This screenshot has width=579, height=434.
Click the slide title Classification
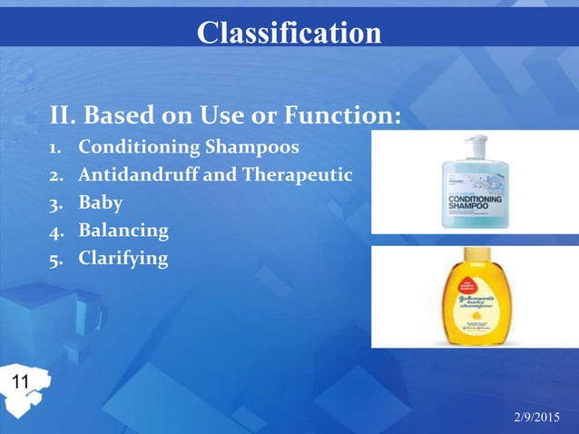289,33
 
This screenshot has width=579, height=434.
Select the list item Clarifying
123,259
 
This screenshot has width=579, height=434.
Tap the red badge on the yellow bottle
469,283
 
